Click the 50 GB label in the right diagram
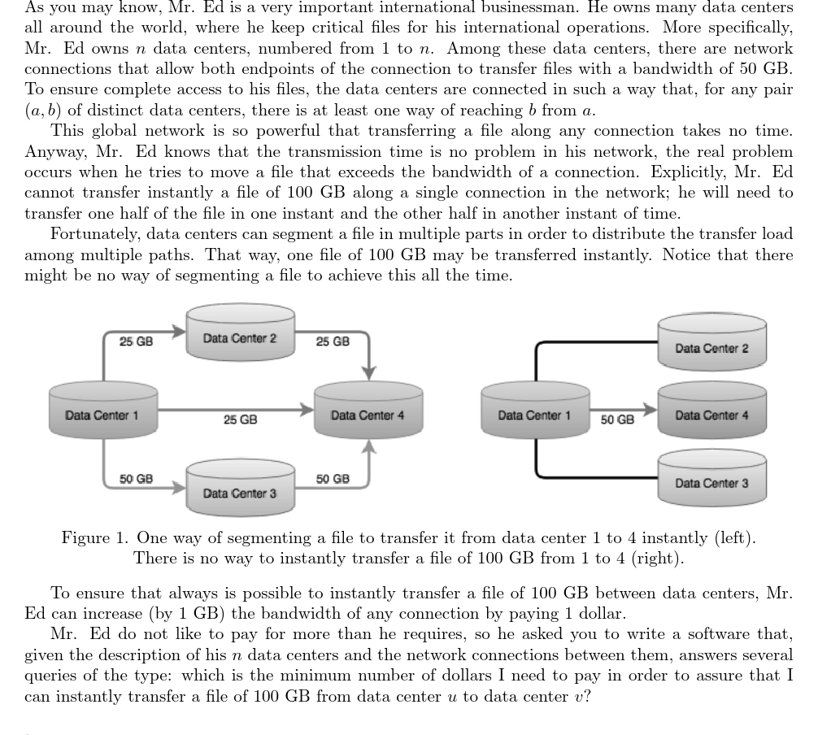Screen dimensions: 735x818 point(618,420)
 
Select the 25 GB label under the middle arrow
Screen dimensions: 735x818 point(240,420)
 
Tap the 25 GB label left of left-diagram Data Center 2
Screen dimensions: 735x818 point(136,341)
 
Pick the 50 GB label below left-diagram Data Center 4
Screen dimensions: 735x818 point(333,479)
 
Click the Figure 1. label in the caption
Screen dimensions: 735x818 point(94,538)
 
